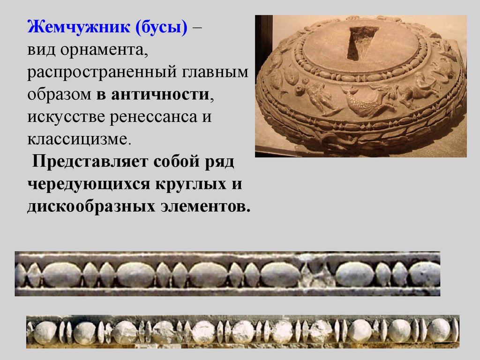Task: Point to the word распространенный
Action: [102, 72]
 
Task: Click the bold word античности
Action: [160, 94]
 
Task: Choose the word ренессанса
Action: [153, 117]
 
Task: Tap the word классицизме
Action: [79, 139]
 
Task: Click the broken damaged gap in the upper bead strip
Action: [317, 272]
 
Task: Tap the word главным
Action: [215, 72]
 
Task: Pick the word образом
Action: [60, 95]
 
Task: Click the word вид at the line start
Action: [41, 50]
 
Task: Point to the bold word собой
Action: [176, 162]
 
